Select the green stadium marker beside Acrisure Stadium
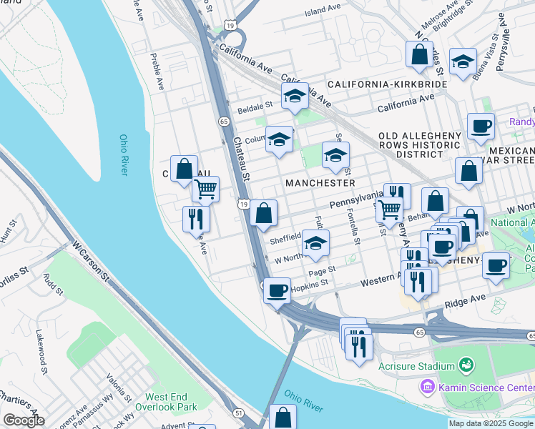click(x=466, y=365)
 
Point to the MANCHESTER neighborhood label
click(x=320, y=183)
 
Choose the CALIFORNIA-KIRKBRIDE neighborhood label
click(x=387, y=84)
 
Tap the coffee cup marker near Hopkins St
click(x=277, y=290)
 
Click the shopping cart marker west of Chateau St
click(x=205, y=189)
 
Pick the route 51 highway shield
click(x=237, y=413)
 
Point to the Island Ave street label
click(x=323, y=11)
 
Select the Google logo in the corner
click(x=23, y=420)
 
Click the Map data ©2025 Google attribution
click(x=491, y=423)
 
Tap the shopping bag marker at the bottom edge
click(x=283, y=417)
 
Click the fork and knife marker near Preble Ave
click(x=196, y=219)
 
